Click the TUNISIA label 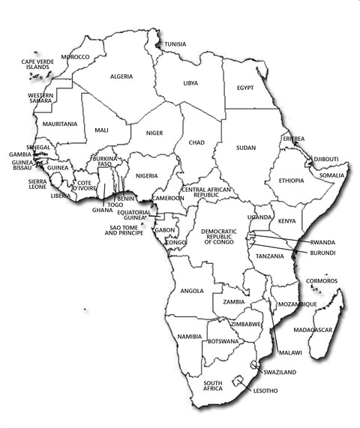coord(175,44)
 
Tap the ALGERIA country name coord(121,76)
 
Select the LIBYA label coord(190,83)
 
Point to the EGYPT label coord(245,88)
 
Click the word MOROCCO coord(75,57)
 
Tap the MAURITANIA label coord(60,123)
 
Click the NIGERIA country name coord(146,175)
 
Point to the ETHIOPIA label coord(291,181)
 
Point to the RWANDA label coord(322,242)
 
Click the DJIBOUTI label coord(325,159)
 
